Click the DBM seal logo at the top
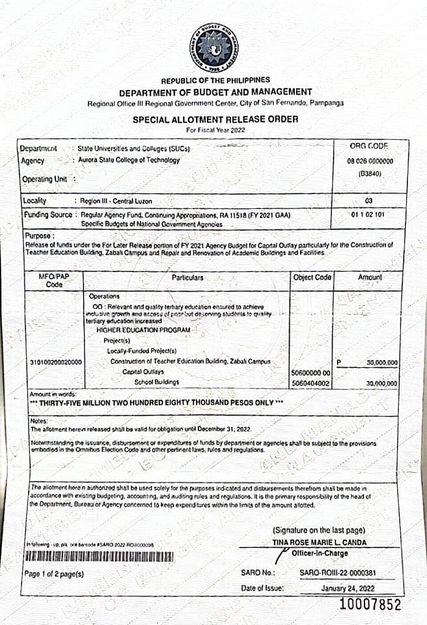coord(213,48)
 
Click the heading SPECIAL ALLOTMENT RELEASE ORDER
coord(206,120)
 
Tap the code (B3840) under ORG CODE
coord(369,174)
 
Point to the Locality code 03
coord(369,201)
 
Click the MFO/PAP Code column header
coord(54,281)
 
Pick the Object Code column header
coord(312,278)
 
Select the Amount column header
coord(369,278)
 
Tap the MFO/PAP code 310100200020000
coord(57,362)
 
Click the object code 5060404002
coord(312,383)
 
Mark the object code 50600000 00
coord(312,372)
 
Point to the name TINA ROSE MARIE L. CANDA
coord(319,542)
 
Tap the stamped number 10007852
coord(370,605)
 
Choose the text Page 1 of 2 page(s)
coord(53,574)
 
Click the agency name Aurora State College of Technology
coord(128,160)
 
